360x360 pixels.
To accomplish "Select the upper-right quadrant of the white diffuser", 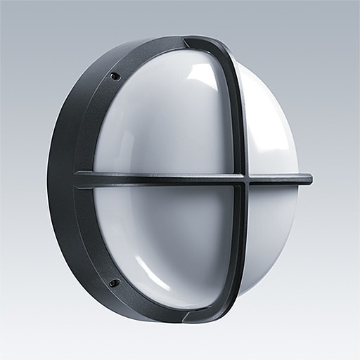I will click(271, 120).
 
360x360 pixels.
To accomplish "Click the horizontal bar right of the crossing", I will click(278, 179).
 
